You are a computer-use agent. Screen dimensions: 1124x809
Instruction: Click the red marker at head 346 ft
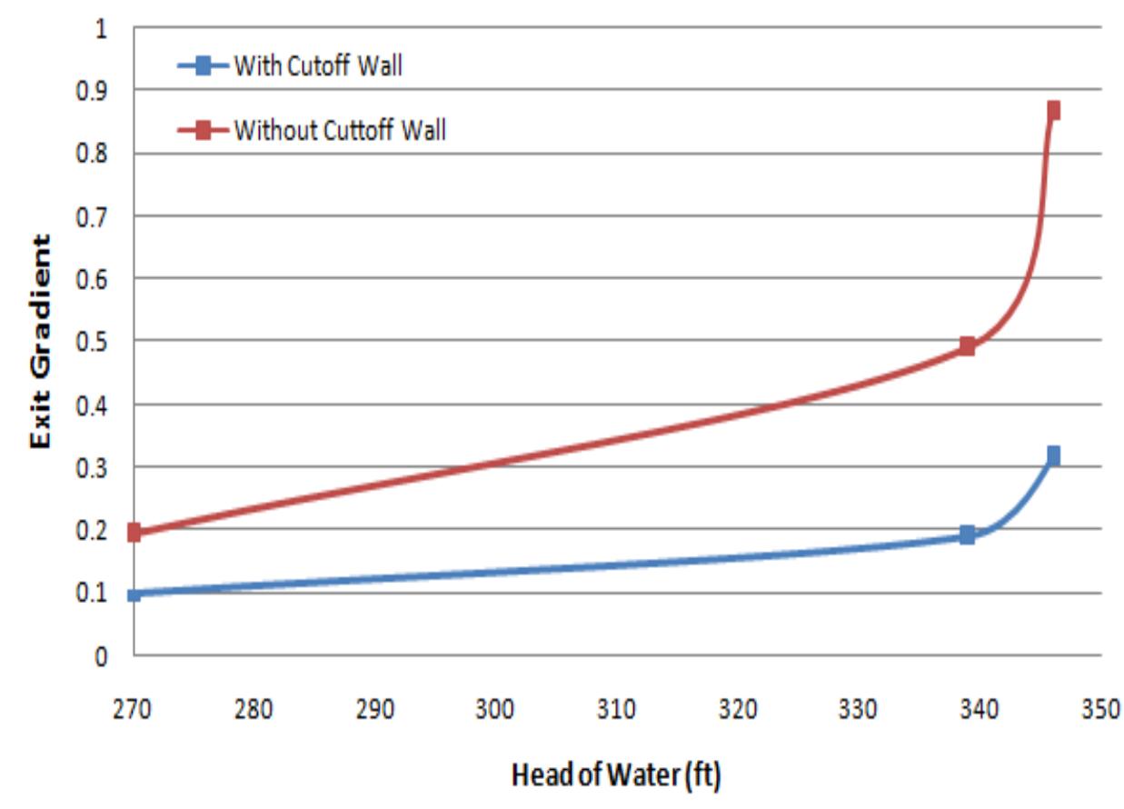pos(1053,110)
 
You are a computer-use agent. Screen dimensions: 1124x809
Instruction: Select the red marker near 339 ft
pos(967,345)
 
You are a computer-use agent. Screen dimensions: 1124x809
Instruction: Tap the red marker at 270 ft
pos(134,532)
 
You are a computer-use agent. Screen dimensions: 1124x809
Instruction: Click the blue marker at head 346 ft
pos(1053,455)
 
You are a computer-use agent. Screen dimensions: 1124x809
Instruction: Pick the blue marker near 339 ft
pos(967,534)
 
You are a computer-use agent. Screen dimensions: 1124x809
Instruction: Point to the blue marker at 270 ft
pos(134,595)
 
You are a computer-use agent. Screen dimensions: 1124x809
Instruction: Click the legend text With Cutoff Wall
pos(318,65)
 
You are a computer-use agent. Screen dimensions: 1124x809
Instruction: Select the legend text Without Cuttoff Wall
pos(340,130)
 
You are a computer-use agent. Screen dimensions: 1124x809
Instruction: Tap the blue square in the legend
pos(204,65)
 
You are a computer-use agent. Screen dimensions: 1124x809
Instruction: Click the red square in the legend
pos(204,131)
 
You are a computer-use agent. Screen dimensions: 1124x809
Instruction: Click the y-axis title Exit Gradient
pos(40,341)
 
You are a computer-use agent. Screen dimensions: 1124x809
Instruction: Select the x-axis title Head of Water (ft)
pos(616,774)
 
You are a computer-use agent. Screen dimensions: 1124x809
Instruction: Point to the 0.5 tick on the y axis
pos(92,343)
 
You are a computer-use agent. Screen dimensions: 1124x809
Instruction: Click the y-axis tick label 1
pos(102,29)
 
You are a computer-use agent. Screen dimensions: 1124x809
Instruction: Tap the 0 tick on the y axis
pos(102,656)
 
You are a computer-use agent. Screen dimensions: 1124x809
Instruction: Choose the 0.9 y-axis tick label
pos(92,91)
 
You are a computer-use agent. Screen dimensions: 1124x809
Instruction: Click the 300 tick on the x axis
pos(495,710)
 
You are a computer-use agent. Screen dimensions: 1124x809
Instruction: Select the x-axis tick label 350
pos(1100,710)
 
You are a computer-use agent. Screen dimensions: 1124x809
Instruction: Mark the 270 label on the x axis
pos(132,710)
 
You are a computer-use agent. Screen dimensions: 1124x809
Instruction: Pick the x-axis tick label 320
pos(738,710)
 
